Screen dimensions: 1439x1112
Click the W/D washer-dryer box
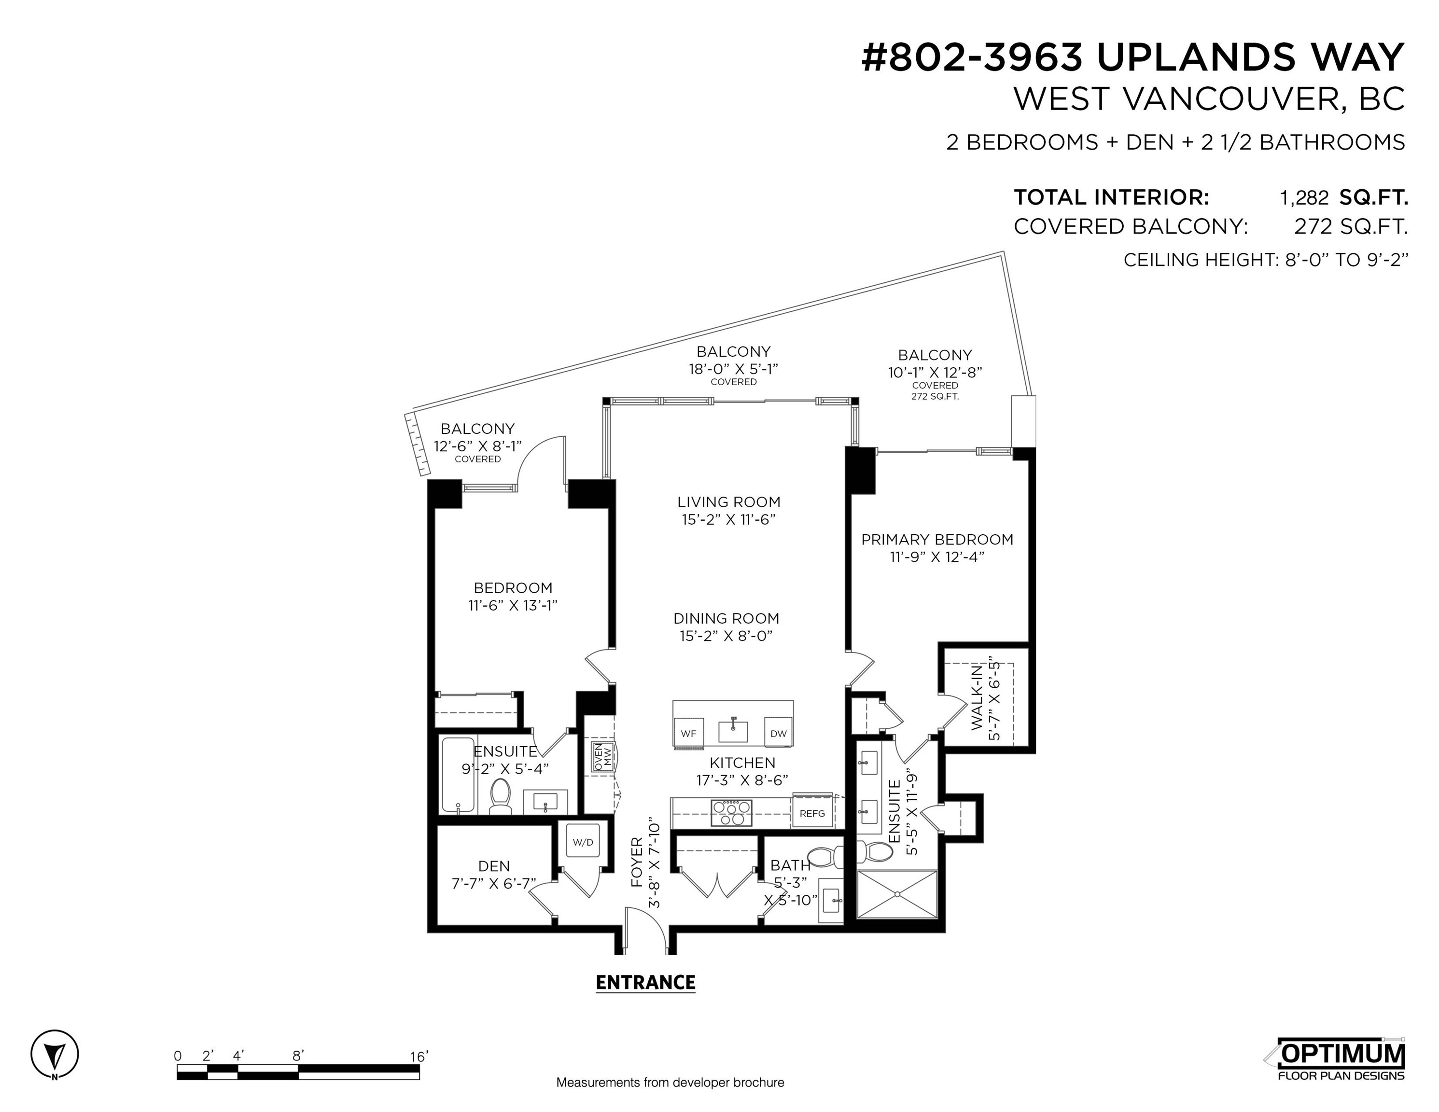(583, 841)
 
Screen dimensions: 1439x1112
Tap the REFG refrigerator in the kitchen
(812, 813)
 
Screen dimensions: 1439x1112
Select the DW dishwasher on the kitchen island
(778, 733)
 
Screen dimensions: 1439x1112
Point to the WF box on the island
(688, 733)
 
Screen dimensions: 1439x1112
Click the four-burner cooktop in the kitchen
(731, 812)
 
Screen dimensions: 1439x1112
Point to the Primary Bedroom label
(937, 540)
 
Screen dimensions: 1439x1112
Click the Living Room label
(729, 502)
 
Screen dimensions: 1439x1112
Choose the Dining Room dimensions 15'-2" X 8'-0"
(726, 636)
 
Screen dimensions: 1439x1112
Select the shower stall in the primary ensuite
(897, 894)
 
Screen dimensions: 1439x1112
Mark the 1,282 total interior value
(1304, 197)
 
